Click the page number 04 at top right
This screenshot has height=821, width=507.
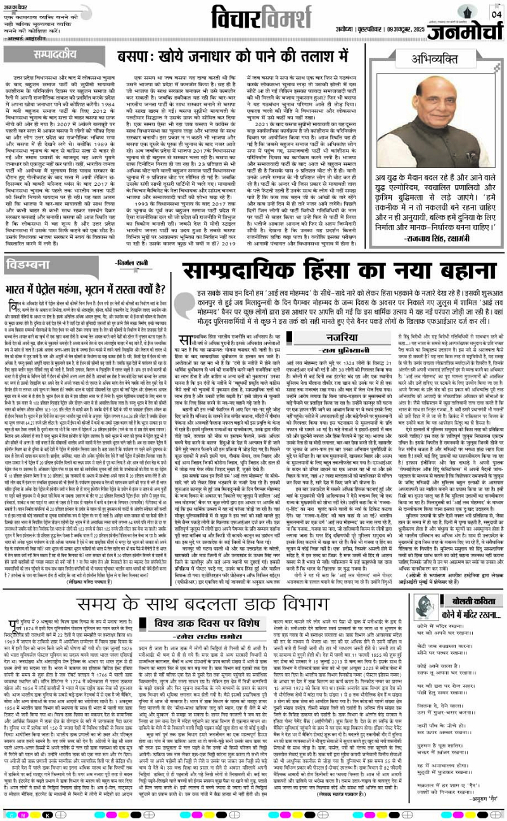pos(497,14)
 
